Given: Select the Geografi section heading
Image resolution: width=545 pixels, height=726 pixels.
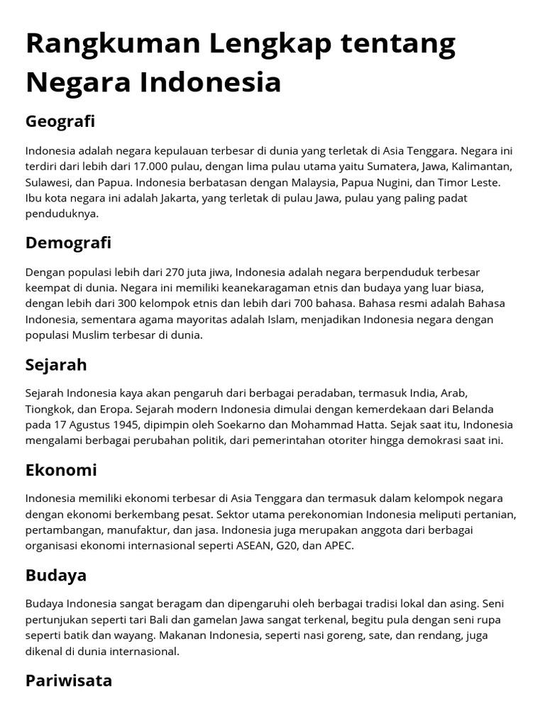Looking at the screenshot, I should [x=60, y=121].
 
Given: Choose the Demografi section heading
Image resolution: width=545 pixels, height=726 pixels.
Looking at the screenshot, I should [x=68, y=243].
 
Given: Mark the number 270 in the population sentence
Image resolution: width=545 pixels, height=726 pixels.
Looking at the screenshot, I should [x=175, y=272].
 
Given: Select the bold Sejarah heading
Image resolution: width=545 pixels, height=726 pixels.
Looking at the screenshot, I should [x=56, y=365].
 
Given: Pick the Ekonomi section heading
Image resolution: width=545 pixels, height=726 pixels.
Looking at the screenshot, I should [x=61, y=471].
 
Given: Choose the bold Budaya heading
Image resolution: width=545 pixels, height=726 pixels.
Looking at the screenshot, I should [x=56, y=575].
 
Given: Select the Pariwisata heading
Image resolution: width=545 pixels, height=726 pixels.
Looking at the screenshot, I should [x=69, y=681].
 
